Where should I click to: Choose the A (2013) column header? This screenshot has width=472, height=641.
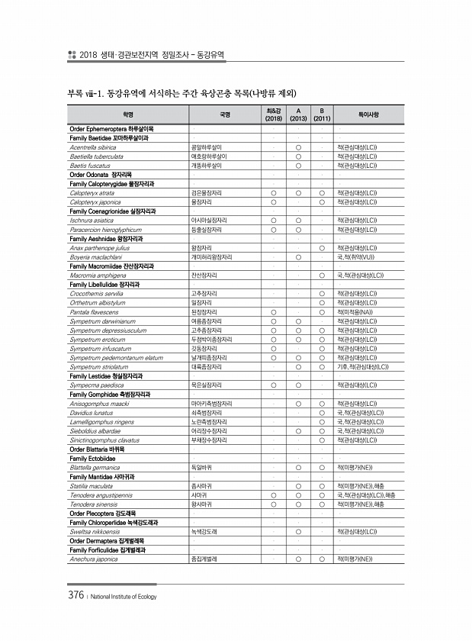[300, 114]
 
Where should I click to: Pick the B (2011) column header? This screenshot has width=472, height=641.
[322, 114]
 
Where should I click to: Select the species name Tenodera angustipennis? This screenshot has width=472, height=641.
[100, 495]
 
